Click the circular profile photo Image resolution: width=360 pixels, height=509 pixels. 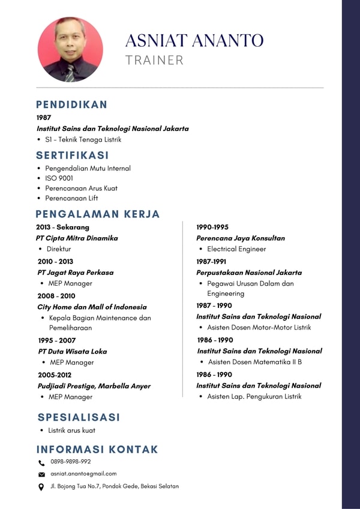click(70, 49)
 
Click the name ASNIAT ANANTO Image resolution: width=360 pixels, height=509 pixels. click(194, 41)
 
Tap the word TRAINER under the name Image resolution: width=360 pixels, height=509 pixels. click(154, 60)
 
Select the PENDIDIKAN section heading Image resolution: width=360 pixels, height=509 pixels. click(71, 104)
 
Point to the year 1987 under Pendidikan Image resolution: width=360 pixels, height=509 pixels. click(44, 118)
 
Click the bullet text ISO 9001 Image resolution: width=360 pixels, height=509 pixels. click(59, 178)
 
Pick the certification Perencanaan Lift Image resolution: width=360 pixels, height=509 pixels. click(71, 198)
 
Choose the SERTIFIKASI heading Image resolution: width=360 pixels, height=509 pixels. click(73, 155)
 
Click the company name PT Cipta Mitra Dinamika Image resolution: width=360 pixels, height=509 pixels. click(77, 238)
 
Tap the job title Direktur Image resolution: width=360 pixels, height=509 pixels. click(59, 248)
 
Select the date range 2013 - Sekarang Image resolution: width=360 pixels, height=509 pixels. click(62, 227)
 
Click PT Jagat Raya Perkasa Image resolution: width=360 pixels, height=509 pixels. click(75, 272)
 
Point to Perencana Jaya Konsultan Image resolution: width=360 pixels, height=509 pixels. click(241, 238)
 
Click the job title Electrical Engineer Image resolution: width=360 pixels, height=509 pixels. click(236, 248)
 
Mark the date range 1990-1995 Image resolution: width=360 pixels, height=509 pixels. click(212, 227)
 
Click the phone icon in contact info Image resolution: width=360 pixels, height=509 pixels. click(41, 463)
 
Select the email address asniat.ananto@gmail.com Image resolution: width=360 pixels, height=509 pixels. click(83, 474)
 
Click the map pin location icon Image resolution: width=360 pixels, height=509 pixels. click(41, 487)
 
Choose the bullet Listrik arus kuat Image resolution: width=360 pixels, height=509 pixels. click(71, 430)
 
